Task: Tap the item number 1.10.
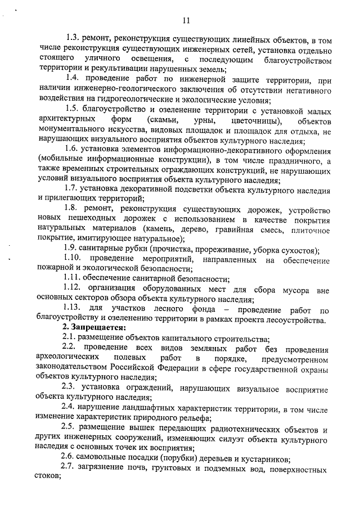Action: [76, 259]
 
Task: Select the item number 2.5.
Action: [70, 429]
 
